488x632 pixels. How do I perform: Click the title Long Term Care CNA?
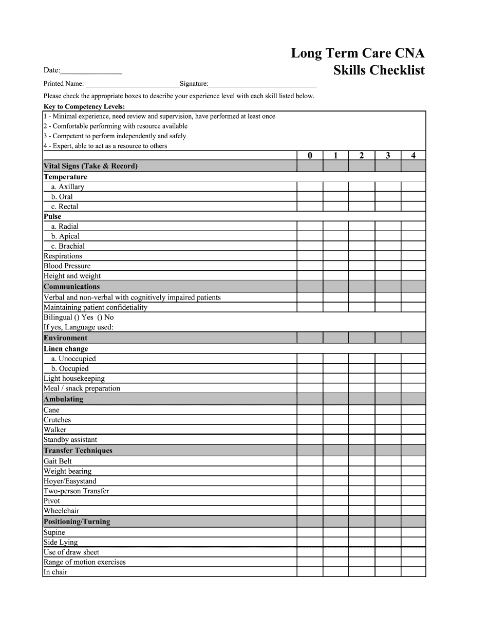[x=358, y=53]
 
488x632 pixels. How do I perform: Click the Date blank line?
[x=91, y=71]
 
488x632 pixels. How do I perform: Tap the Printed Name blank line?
[x=132, y=84]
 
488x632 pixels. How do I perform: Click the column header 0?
[x=310, y=156]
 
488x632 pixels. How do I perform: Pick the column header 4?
[x=414, y=156]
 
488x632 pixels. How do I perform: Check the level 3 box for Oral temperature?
[x=388, y=197]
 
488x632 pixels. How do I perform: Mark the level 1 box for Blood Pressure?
[x=335, y=266]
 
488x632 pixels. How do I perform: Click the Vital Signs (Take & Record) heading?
[x=90, y=166]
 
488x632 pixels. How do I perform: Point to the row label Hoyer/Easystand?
[x=70, y=481]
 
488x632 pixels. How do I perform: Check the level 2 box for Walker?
[x=362, y=430]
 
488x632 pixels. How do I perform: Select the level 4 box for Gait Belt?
[x=414, y=461]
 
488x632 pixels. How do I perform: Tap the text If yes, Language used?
[x=79, y=327]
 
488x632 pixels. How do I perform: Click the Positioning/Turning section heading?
[x=77, y=522]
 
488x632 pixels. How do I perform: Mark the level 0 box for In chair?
[x=310, y=572]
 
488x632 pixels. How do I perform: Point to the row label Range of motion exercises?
[x=85, y=562]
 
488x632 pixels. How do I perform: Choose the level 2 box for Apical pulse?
[x=362, y=236]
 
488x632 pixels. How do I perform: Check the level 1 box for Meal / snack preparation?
[x=335, y=388]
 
